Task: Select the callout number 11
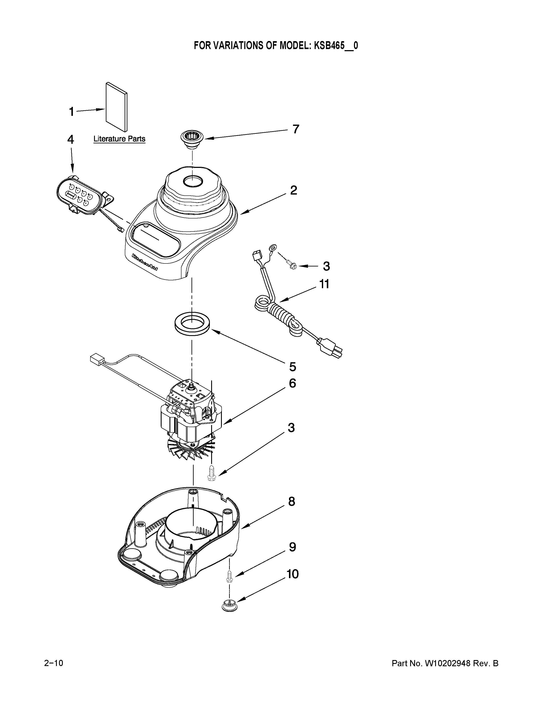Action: coord(324,284)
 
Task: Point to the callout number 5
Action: coord(293,367)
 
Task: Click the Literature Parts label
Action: coord(119,139)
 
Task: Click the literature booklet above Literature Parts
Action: coord(116,107)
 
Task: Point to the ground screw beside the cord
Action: coord(291,265)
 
